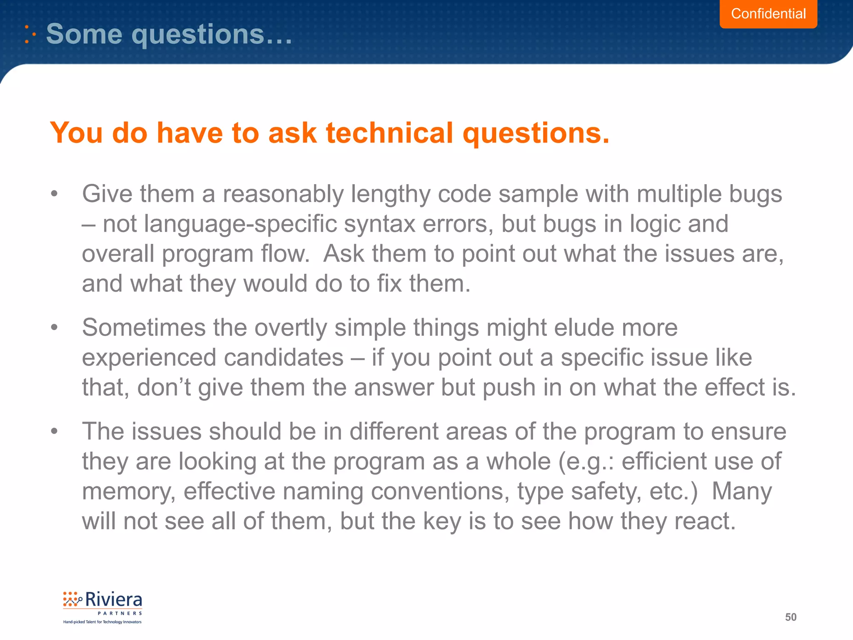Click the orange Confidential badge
tap(768, 14)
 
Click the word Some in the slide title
tap(84, 34)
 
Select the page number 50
tap(791, 617)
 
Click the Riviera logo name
tap(113, 600)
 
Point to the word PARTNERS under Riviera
tap(120, 613)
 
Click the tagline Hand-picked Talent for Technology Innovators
tap(102, 622)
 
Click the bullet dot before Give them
tap(54, 194)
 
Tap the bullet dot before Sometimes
tap(54, 327)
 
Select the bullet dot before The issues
tap(54, 431)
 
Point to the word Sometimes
tap(144, 327)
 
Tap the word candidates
tap(283, 358)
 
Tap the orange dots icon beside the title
tap(30, 34)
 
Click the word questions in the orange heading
tap(536, 134)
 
